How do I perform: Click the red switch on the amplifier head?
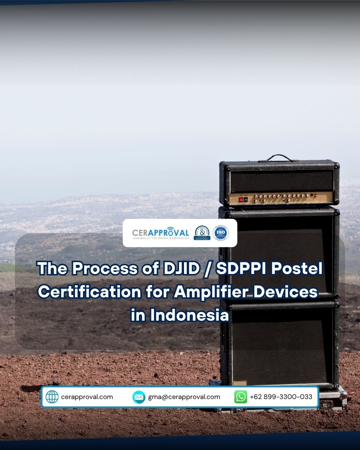tap(241, 199)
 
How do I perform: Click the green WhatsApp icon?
tap(241, 397)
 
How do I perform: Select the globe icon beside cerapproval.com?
tap(52, 397)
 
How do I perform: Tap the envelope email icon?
tap(139, 397)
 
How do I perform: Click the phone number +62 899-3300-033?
tap(281, 397)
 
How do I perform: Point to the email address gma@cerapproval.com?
tap(184, 397)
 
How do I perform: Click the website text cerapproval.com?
tap(87, 397)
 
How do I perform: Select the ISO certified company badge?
tap(221, 233)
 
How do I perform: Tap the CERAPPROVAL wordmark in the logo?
tap(161, 232)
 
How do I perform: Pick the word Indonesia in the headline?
tap(189, 315)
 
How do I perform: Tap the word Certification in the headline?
tap(90, 292)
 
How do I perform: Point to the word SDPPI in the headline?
tap(241, 269)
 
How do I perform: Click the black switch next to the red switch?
tap(246, 199)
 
